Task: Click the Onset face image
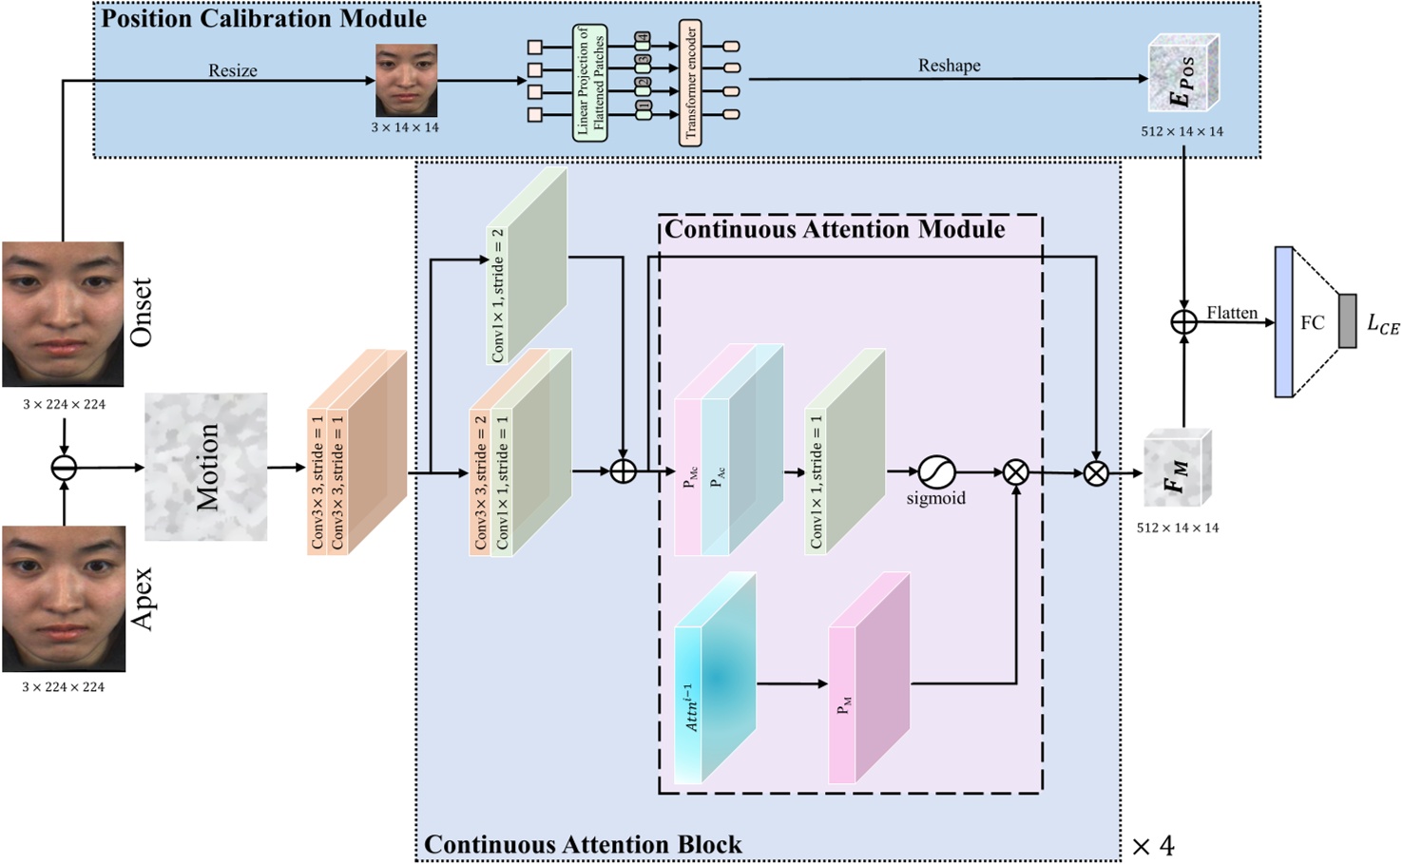click(x=63, y=314)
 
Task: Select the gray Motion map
click(x=205, y=467)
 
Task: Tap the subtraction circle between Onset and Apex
click(x=64, y=468)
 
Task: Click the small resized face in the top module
click(x=406, y=80)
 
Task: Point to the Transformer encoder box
click(x=690, y=82)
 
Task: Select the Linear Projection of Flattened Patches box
click(x=589, y=83)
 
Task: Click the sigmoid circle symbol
click(x=935, y=471)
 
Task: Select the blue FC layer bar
click(x=1283, y=321)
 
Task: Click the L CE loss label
click(x=1382, y=324)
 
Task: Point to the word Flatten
click(x=1232, y=313)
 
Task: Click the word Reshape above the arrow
click(x=949, y=66)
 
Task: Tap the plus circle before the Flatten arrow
click(x=1183, y=322)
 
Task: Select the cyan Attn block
click(x=715, y=679)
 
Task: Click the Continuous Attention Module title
click(x=834, y=229)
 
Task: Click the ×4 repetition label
click(x=1153, y=845)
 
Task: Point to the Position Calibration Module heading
click(x=263, y=18)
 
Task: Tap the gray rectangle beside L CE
click(x=1347, y=321)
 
